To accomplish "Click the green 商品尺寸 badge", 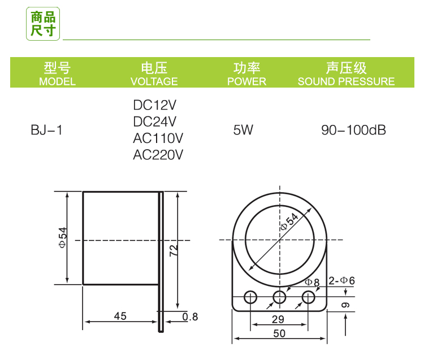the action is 44,24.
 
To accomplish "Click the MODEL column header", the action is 57,75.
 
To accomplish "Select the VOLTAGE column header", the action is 154,75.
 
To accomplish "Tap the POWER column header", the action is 246,75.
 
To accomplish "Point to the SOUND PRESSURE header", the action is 346,75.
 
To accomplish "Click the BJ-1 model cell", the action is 46,130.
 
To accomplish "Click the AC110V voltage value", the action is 158,138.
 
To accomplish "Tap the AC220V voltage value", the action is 158,154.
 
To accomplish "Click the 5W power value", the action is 243,130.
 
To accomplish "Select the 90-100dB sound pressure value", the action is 353,130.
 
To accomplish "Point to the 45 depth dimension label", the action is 120,316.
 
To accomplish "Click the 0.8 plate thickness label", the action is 191,317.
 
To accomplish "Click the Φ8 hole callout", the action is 312,281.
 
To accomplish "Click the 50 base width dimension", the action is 279,333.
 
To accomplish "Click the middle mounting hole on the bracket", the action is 279,297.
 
